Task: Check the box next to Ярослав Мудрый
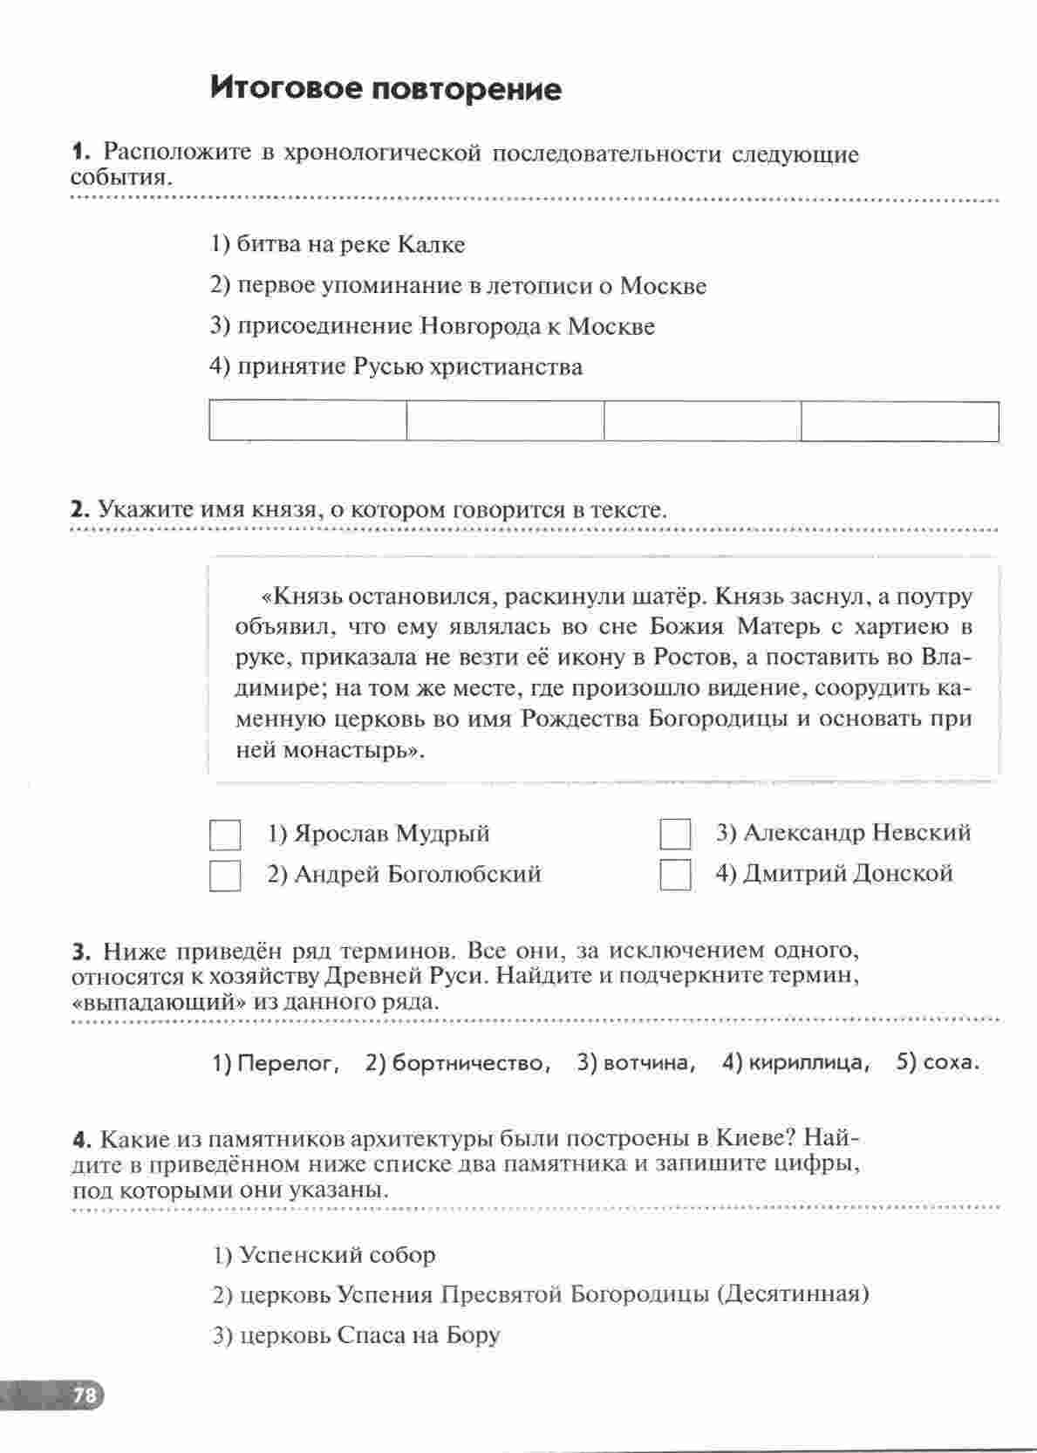[x=225, y=835]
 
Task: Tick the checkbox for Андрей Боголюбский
[x=225, y=875]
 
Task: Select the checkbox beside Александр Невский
[x=675, y=835]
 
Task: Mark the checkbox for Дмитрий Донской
[x=675, y=875]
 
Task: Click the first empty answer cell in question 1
[x=308, y=421]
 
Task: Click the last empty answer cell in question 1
[x=899, y=421]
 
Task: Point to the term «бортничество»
[x=471, y=1063]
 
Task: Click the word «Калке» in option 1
[x=431, y=245]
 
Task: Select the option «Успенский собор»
[x=337, y=1255]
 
